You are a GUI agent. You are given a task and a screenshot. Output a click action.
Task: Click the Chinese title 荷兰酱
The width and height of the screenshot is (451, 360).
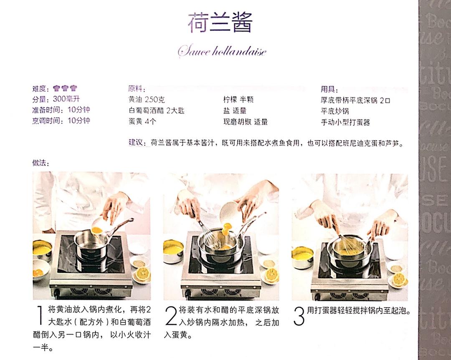tap(220, 23)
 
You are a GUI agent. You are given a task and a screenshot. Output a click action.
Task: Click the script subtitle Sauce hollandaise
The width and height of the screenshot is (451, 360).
tap(222, 52)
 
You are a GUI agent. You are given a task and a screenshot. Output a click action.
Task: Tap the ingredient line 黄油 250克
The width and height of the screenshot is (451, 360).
tap(147, 100)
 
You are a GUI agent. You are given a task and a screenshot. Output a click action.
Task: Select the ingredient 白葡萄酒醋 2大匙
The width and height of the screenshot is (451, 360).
tap(156, 111)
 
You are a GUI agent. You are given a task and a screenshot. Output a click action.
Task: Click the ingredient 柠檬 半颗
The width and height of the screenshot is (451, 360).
tap(238, 100)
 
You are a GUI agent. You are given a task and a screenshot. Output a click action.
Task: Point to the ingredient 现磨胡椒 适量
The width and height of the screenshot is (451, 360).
tap(246, 122)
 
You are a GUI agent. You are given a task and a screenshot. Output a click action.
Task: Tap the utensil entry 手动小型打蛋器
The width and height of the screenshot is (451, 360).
tap(345, 122)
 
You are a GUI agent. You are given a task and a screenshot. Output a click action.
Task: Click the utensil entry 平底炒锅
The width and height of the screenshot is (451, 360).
tap(334, 111)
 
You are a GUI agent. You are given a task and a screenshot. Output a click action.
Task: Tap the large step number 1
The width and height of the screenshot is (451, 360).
tap(41, 316)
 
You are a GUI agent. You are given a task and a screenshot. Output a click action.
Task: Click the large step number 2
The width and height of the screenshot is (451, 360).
tap(171, 316)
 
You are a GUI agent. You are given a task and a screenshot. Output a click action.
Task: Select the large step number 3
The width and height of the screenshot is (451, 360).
tap(299, 316)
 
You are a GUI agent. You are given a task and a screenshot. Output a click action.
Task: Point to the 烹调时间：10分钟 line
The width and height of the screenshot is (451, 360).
tap(61, 121)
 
